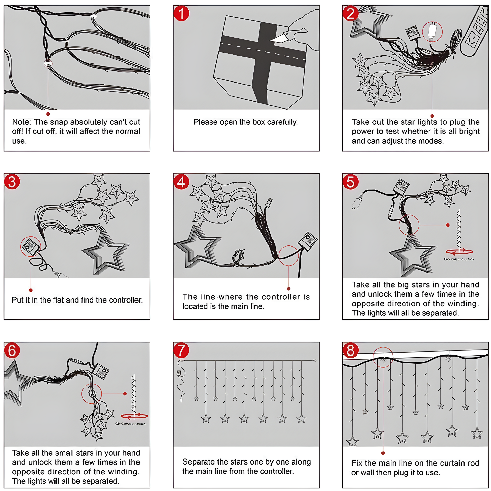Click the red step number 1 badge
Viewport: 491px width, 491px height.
pos(181,13)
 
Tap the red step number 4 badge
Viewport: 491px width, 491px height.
pos(181,182)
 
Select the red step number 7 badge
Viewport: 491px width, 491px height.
pos(181,350)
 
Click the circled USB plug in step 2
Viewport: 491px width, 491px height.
pos(432,31)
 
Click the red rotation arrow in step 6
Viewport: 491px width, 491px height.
pos(134,416)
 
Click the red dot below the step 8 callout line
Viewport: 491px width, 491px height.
pos(383,453)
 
